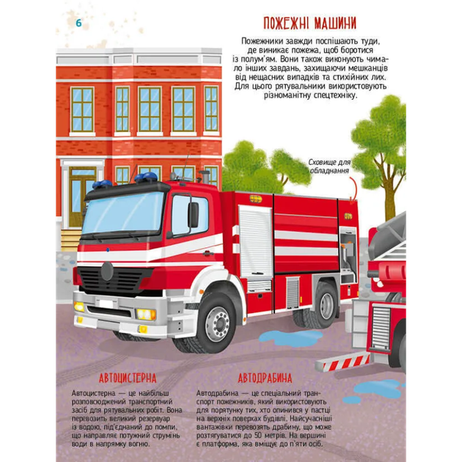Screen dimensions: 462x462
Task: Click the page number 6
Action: click(x=78, y=23)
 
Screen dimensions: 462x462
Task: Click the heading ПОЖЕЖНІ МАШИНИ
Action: click(x=309, y=23)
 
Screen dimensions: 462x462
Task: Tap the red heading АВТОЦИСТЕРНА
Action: click(x=128, y=378)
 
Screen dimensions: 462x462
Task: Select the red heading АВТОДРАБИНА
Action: click(x=265, y=378)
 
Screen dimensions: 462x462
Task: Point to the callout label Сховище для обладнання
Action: click(x=329, y=166)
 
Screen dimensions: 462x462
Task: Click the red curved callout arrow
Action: click(x=354, y=189)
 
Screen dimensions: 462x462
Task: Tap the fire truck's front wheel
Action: click(x=218, y=323)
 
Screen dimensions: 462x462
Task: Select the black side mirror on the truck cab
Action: click(x=193, y=214)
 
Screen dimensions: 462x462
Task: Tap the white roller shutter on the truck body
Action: click(x=255, y=241)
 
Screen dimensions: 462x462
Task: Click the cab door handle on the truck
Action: click(x=208, y=253)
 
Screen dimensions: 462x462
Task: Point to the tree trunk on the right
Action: click(x=390, y=191)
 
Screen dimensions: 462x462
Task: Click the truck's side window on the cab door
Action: click(x=189, y=215)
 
